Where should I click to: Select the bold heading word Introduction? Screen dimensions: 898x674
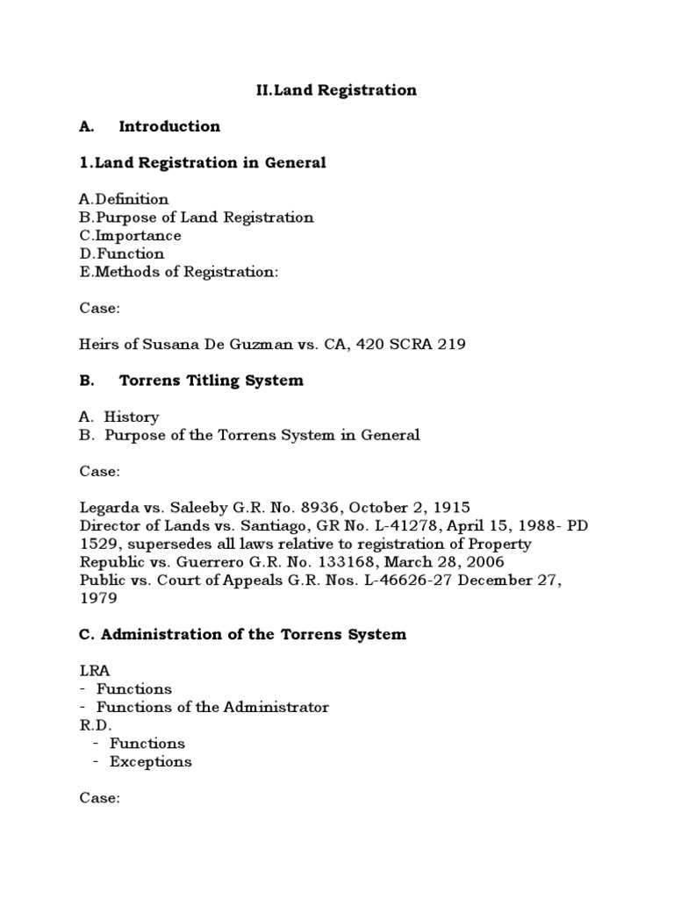[x=169, y=126]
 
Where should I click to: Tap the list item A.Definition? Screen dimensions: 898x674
[x=124, y=199]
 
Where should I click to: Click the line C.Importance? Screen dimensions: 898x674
[x=130, y=236]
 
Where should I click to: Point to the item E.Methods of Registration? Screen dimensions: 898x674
[x=178, y=272]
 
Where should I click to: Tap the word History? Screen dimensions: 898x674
[x=132, y=417]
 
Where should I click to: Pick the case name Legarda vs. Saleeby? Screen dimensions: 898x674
[x=151, y=508]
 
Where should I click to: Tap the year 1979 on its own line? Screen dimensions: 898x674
[x=97, y=598]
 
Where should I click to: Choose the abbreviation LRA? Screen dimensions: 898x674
[x=94, y=671]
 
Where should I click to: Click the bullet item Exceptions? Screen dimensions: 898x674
[x=150, y=761]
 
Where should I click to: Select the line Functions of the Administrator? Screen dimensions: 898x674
[x=212, y=707]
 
